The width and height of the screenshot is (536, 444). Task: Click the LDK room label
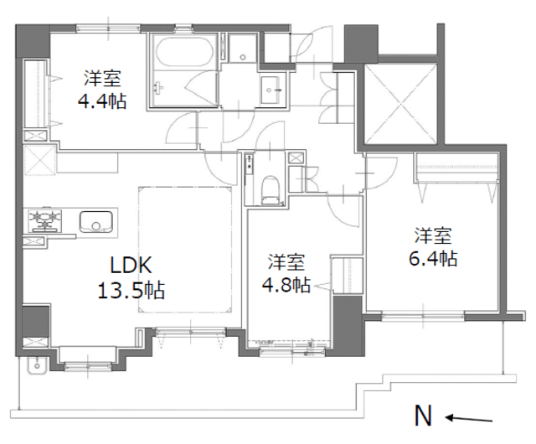[x=131, y=265]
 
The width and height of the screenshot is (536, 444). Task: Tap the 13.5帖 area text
[x=131, y=291]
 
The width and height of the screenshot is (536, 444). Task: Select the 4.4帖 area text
[x=102, y=101]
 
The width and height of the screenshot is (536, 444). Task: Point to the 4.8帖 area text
[x=286, y=284]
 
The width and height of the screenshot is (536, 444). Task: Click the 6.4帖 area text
[x=433, y=258]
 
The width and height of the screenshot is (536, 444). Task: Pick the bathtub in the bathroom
[x=183, y=51]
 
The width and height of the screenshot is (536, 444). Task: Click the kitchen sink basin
[x=96, y=222]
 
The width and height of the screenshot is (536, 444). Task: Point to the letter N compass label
[x=423, y=416]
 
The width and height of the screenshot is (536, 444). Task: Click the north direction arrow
[x=469, y=419]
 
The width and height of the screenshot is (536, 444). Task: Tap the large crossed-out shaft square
[x=400, y=104]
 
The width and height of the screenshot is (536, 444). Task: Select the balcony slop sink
[x=36, y=365]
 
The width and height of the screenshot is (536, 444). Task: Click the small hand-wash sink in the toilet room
[x=250, y=163]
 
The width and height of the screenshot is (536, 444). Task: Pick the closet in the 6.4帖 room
[x=457, y=168]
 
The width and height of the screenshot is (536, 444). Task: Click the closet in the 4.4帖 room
[x=35, y=93]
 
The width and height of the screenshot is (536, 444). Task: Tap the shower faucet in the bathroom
[x=158, y=88]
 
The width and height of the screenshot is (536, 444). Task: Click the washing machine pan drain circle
[x=243, y=57]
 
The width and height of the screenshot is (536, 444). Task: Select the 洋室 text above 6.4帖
[x=433, y=235]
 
